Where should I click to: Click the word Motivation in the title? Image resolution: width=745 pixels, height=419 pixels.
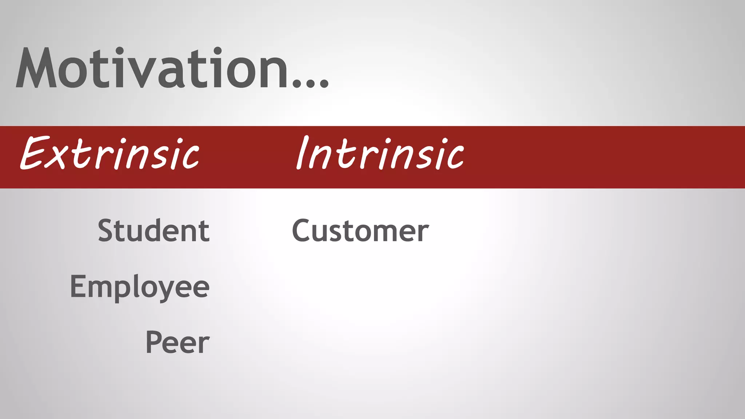tap(153, 68)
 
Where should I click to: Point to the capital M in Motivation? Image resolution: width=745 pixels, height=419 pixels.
tap(36, 68)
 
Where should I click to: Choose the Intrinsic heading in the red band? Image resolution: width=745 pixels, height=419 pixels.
tap(380, 153)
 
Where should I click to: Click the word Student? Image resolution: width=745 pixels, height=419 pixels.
tap(154, 231)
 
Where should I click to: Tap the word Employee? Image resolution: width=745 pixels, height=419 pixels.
tap(140, 287)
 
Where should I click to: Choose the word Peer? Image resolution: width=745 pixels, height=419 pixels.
tap(178, 342)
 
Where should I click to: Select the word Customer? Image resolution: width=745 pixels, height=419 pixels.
tap(360, 231)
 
